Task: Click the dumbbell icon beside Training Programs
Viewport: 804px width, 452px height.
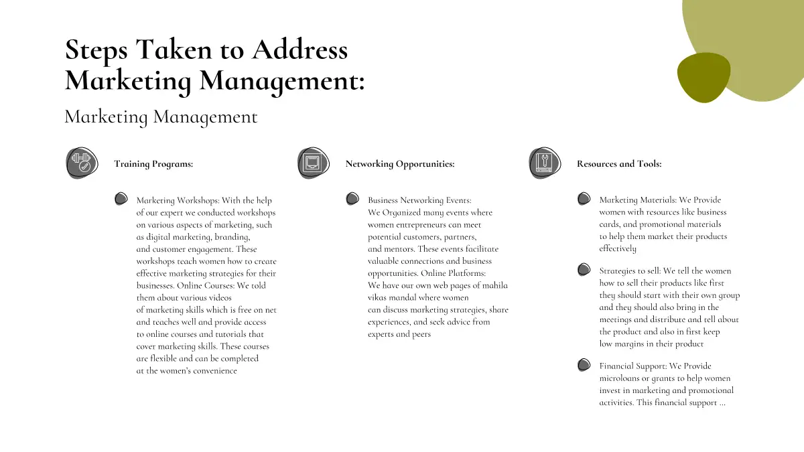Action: pos(82,163)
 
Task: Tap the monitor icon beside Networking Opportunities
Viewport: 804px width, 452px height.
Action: pos(313,163)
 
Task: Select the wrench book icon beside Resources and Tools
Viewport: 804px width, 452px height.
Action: pos(545,163)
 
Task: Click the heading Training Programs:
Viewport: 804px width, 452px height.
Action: pos(153,164)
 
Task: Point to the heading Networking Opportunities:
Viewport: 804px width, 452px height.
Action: pos(400,164)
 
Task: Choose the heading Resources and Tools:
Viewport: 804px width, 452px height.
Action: pos(619,164)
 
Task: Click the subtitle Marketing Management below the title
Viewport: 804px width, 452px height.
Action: pos(161,117)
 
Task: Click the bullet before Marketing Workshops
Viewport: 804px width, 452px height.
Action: pos(121,199)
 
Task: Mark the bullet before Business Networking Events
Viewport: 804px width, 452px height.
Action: pos(352,199)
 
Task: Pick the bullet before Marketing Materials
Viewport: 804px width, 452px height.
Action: pos(584,199)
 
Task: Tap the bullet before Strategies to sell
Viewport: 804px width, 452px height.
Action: pos(584,270)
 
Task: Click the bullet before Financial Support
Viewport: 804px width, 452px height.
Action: pos(584,365)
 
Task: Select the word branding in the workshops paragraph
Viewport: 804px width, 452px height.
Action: pos(231,237)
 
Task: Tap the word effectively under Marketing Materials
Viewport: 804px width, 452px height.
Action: pos(618,248)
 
